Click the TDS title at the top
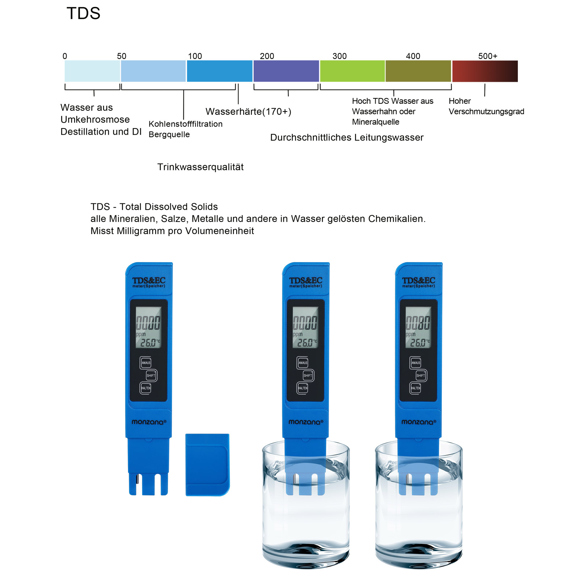83,14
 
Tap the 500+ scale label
487,56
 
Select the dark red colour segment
485,71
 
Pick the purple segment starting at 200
286,71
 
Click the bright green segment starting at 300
352,71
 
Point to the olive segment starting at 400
418,71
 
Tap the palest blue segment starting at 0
92,71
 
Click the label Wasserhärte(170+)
248,111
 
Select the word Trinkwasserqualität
200,167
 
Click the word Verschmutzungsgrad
486,111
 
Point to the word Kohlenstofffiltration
186,124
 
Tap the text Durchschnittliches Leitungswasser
347,138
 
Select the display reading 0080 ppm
418,323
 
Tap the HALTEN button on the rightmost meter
415,388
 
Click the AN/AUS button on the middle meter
303,363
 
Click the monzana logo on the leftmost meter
149,422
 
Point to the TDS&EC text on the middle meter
305,280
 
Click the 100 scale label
195,56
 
